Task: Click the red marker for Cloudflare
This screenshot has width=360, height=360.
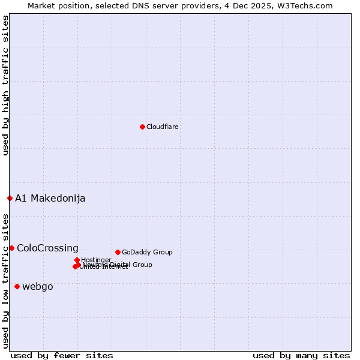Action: [x=142, y=127]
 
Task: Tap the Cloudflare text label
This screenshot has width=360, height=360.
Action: [x=163, y=127]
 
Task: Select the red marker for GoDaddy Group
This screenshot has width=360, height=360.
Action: [x=118, y=252]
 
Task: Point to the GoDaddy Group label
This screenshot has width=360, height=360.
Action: [x=147, y=252]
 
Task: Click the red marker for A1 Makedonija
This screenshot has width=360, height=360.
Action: [x=10, y=198]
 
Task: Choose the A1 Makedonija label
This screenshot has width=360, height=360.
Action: [x=50, y=198]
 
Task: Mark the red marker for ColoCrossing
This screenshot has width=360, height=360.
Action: [x=11, y=248]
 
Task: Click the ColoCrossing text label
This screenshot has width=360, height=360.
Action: [x=47, y=248]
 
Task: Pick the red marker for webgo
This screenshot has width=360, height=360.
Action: [x=17, y=286]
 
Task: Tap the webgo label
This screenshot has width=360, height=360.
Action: [x=38, y=286]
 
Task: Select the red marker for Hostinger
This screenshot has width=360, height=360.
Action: [x=77, y=260]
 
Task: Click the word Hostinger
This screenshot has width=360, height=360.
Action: [x=97, y=260]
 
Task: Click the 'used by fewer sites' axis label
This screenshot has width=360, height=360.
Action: [x=62, y=355]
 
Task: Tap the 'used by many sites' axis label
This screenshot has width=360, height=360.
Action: [x=301, y=355]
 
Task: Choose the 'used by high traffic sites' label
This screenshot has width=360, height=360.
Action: [x=5, y=85]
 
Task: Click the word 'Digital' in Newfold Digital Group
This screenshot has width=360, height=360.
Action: [x=121, y=265]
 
